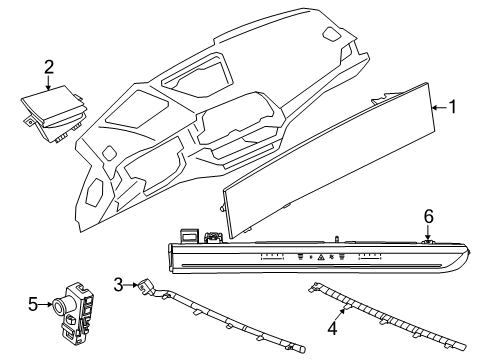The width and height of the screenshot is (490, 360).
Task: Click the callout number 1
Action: pos(454,134)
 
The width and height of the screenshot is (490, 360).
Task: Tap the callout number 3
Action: pos(119,286)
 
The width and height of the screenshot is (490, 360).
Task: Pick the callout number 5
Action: pos(31,302)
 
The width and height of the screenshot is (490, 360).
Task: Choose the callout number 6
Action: pos(428,243)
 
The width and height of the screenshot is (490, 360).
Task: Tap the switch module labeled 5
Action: pos(78,309)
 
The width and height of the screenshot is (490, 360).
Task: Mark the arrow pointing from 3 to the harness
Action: pos(132,286)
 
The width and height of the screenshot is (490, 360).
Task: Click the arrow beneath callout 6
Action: pos(428,256)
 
